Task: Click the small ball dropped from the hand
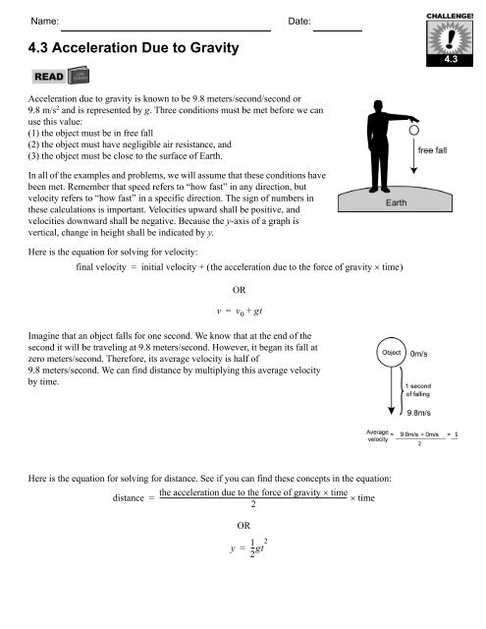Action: click(x=415, y=129)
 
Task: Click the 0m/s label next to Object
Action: click(x=424, y=351)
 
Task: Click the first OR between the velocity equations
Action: click(x=239, y=290)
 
